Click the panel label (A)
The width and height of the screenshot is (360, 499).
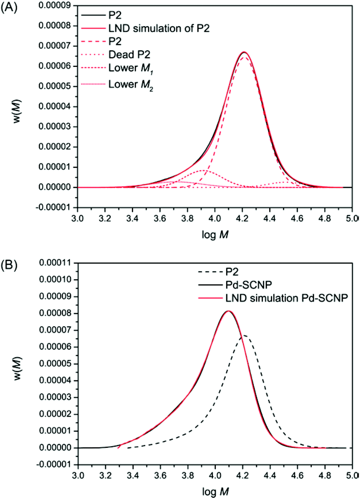click(x=9, y=7)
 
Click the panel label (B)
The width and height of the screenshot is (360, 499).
click(x=9, y=265)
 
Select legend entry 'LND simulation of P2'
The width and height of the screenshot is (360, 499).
click(x=158, y=29)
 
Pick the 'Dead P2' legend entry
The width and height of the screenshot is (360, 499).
click(x=129, y=55)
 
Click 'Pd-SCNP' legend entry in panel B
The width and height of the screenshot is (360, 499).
click(x=249, y=285)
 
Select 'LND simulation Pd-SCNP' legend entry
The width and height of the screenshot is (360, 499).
click(x=286, y=298)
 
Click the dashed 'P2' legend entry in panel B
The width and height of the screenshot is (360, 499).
click(x=232, y=272)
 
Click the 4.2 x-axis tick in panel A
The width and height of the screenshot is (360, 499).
click(x=242, y=219)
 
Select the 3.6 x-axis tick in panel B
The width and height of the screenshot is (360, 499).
click(x=160, y=475)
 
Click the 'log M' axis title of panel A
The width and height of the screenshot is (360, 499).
click(x=215, y=234)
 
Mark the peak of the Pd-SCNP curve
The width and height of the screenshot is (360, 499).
click(x=228, y=311)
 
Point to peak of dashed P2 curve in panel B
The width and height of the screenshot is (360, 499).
click(x=243, y=335)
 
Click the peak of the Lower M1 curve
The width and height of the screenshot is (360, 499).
click(x=203, y=170)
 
